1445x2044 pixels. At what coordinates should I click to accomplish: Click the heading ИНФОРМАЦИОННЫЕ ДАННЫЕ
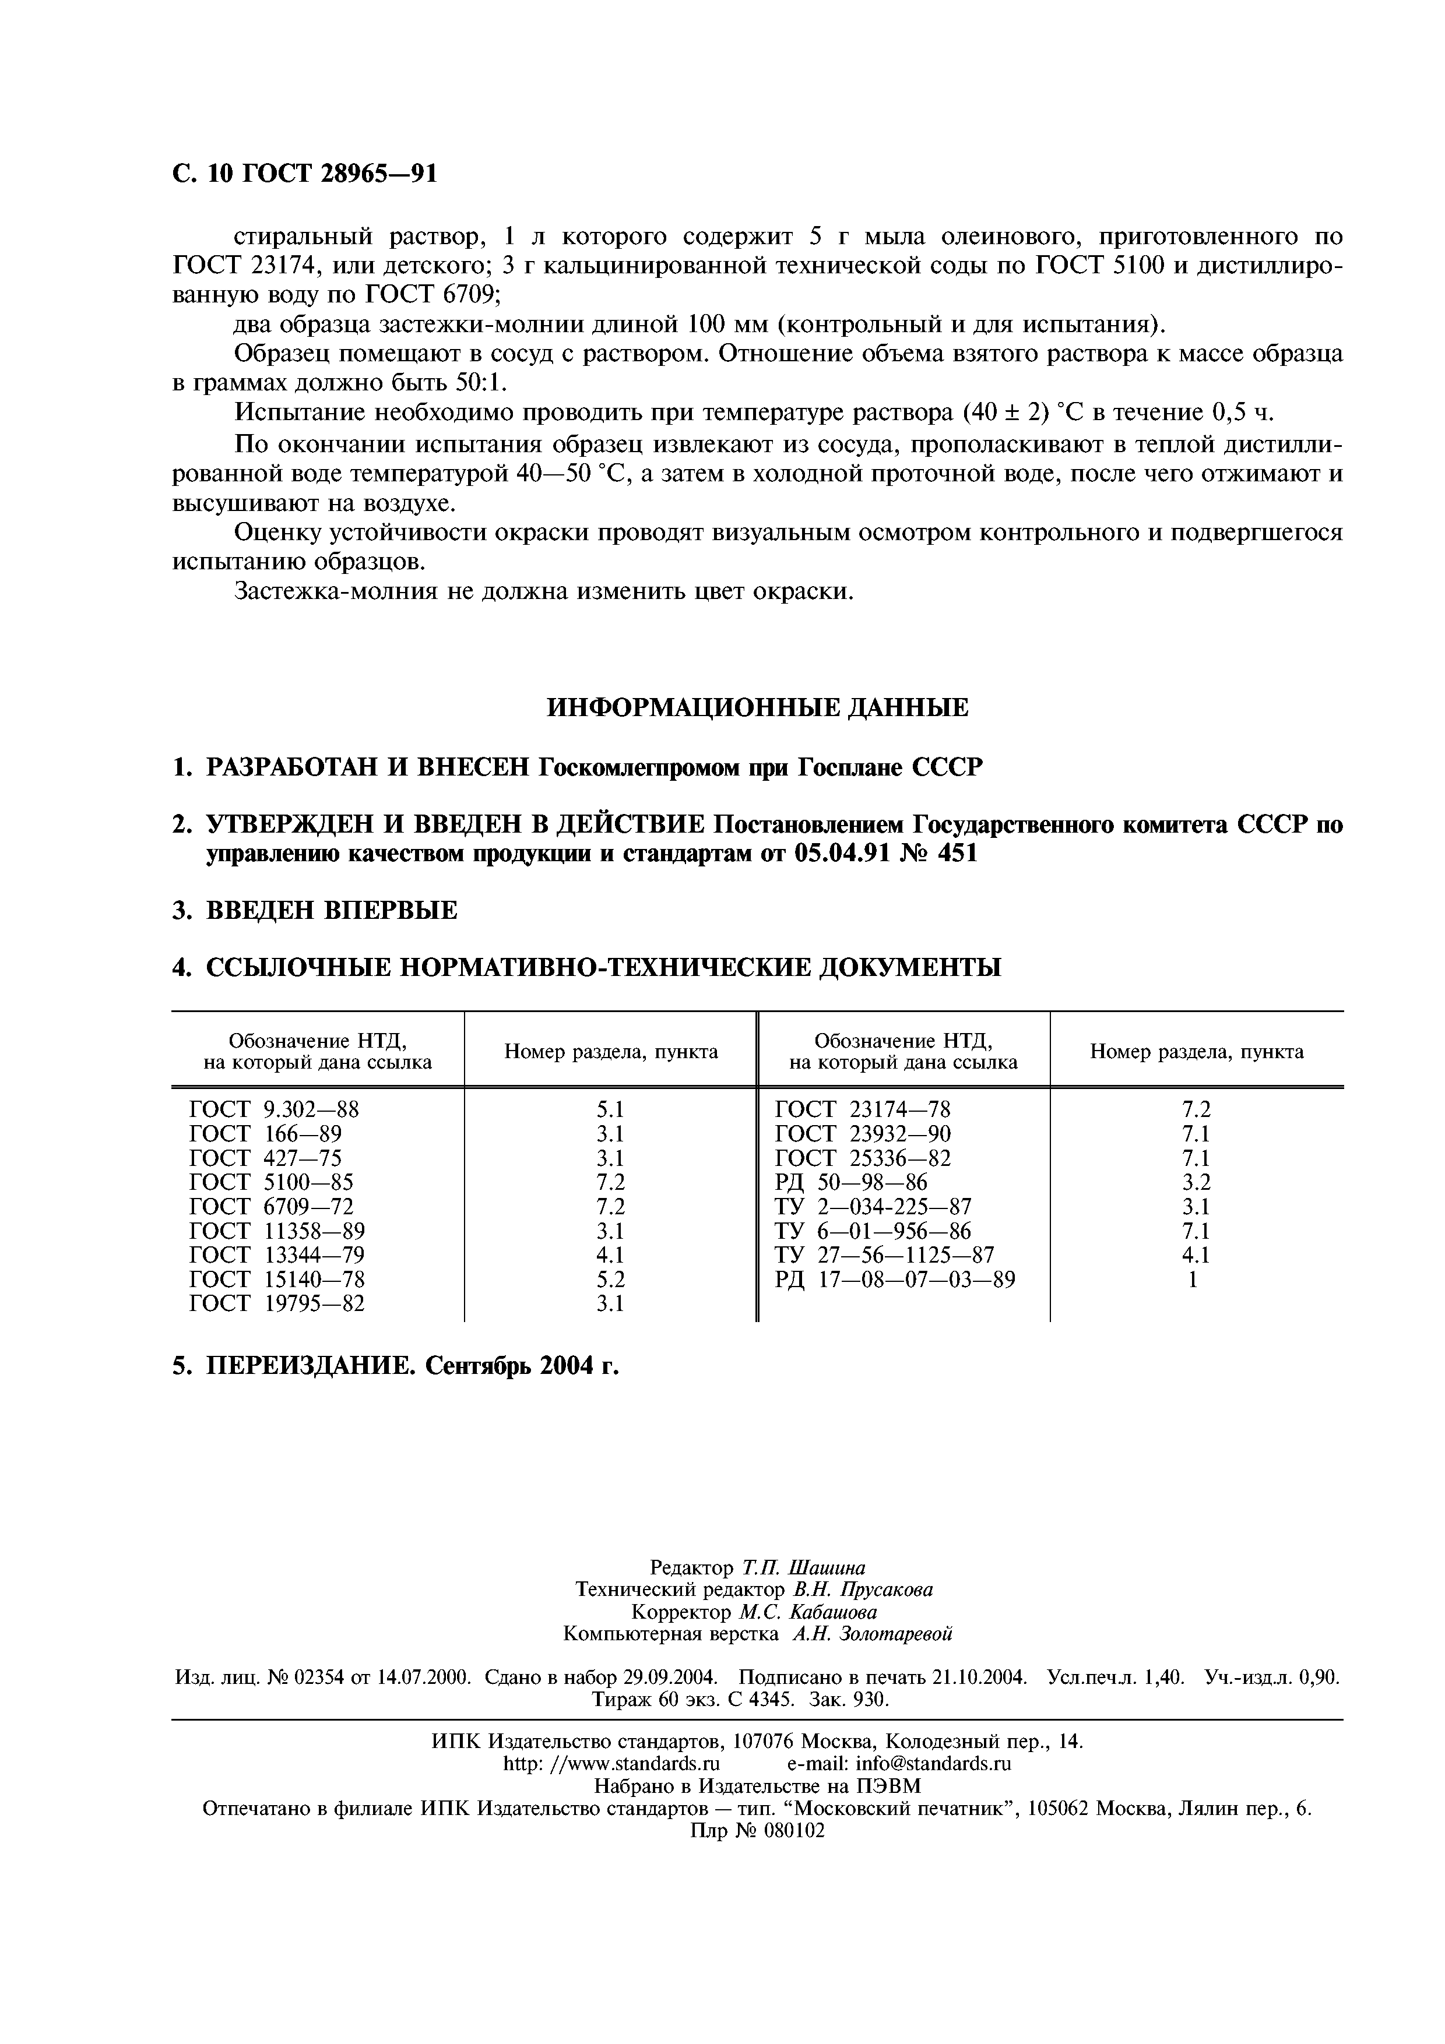(x=756, y=708)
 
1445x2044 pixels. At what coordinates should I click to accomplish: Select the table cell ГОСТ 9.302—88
(x=274, y=1109)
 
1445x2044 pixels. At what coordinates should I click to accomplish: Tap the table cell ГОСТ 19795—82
(x=277, y=1303)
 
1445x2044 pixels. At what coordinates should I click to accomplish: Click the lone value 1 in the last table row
(x=1194, y=1280)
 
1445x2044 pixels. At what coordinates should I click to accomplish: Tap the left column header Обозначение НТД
(x=317, y=1051)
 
